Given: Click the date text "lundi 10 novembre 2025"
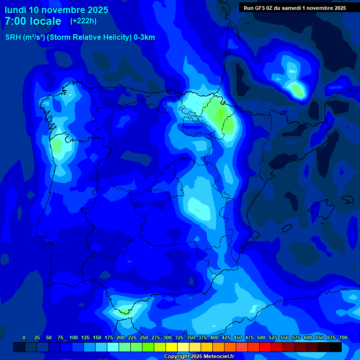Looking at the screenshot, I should [56, 10].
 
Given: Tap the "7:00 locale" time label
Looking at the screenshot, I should [33, 21].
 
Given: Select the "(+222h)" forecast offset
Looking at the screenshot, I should [83, 21].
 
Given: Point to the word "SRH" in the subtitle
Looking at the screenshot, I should [13, 37].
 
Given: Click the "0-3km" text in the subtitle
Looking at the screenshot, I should [144, 37].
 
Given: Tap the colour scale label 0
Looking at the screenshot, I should [24, 337].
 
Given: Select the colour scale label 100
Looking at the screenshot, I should [74, 337].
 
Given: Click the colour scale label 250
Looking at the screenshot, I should [144, 337].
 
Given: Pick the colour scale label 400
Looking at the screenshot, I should [214, 337].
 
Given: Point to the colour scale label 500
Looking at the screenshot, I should [261, 337].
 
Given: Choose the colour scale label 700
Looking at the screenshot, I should [343, 337].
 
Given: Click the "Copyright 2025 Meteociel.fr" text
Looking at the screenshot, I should [199, 356].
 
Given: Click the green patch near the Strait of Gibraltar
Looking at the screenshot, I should [124, 310].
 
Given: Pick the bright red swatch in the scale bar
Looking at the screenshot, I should [265, 347].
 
